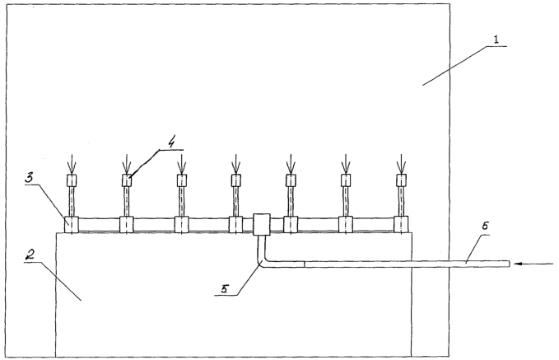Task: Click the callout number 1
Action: click(x=496, y=40)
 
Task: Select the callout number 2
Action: click(x=30, y=255)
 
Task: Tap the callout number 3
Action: click(x=30, y=179)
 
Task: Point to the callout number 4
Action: click(x=171, y=143)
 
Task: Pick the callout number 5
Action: click(x=224, y=288)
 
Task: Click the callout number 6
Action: click(x=485, y=226)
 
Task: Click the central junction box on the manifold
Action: click(x=262, y=224)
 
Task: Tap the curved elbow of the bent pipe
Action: click(x=262, y=261)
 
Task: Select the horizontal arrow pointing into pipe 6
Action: click(x=533, y=264)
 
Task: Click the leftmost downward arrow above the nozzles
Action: click(x=72, y=164)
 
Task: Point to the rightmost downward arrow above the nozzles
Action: click(x=402, y=164)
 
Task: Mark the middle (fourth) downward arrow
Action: click(x=235, y=164)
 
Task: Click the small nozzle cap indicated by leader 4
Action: click(x=127, y=180)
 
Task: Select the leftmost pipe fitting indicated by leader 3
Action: click(x=72, y=225)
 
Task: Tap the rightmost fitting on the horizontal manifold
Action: click(x=401, y=224)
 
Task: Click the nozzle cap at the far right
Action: click(x=402, y=180)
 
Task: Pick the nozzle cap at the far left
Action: click(x=72, y=180)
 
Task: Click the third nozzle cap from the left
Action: click(x=182, y=180)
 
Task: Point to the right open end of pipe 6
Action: click(x=509, y=264)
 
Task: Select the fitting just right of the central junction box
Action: click(x=291, y=224)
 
